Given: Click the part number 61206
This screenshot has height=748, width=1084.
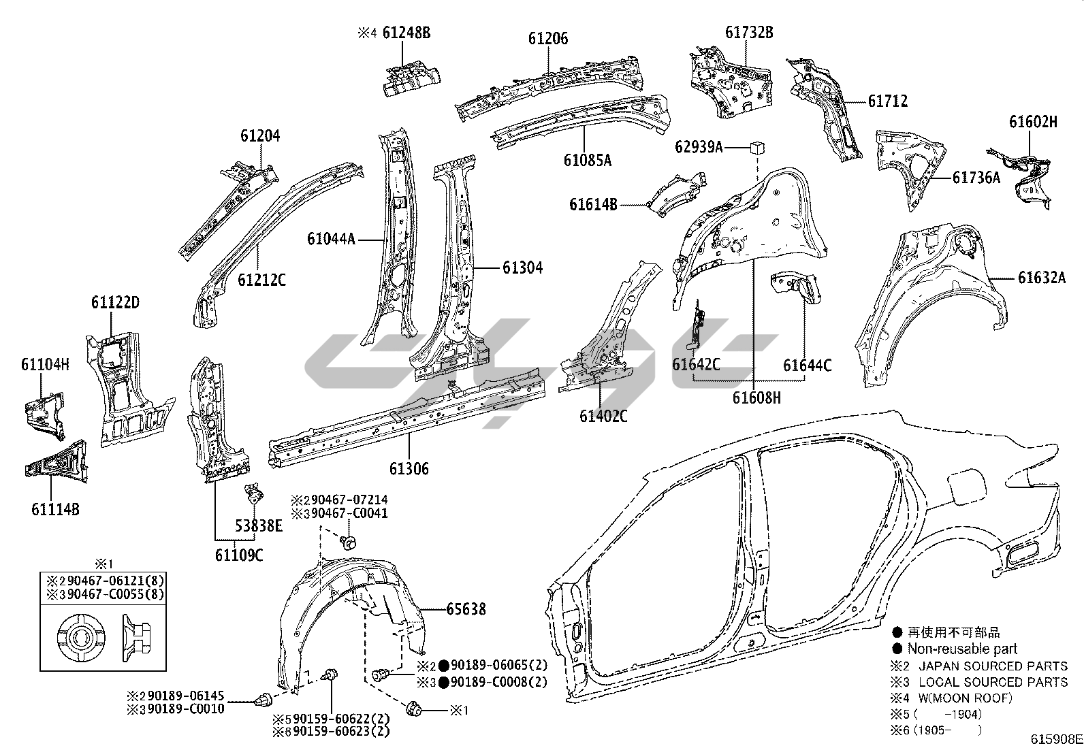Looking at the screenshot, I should tap(547, 39).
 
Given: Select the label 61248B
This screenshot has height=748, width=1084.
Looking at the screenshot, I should tap(406, 33).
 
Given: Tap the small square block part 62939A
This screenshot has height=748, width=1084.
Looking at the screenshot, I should tap(757, 146).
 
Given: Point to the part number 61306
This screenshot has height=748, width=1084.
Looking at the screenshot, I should tap(409, 468).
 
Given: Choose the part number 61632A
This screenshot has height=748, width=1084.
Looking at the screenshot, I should tap(1042, 278).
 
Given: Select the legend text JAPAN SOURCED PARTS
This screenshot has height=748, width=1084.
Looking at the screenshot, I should tap(993, 666).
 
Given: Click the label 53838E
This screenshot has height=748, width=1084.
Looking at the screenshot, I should tap(258, 525).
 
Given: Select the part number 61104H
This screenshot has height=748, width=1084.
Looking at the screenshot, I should tap(45, 364).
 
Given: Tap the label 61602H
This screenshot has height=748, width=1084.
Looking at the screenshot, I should tap(1033, 123).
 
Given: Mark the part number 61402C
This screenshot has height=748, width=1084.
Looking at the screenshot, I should tap(603, 415).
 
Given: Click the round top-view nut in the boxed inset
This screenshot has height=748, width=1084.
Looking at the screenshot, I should tap(81, 637).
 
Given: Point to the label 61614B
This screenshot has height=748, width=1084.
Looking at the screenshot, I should tap(593, 204).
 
